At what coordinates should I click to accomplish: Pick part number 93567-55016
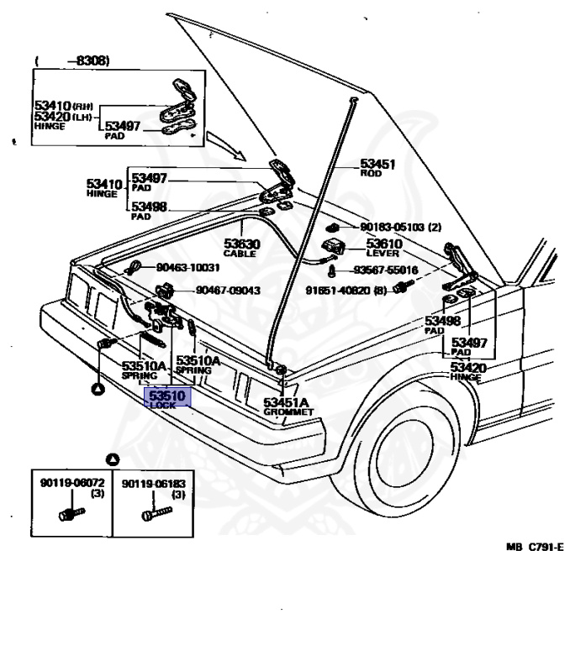(385, 270)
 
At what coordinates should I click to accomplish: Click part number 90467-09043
(229, 291)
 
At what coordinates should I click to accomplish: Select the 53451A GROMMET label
(287, 406)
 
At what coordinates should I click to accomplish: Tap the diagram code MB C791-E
(535, 547)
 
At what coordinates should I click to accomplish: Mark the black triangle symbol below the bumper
(98, 388)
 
